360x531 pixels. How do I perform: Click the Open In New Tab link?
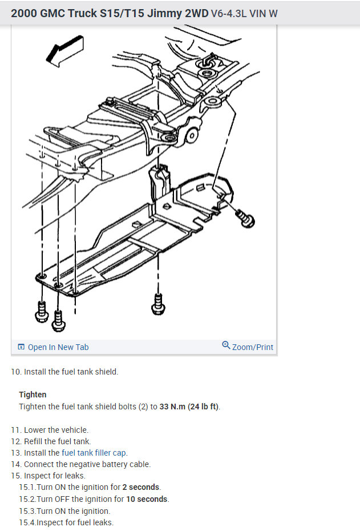(58, 347)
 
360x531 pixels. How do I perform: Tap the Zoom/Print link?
(252, 347)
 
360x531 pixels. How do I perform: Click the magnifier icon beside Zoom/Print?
(226, 345)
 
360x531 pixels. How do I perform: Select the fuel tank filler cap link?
(94, 453)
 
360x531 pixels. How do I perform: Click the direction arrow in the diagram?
(64, 51)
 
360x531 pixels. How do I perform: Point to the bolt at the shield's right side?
(245, 218)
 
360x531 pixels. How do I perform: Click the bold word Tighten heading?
(33, 395)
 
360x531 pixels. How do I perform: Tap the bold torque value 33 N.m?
(172, 407)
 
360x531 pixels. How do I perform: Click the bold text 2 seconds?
(141, 487)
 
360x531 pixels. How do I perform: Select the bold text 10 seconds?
(147, 499)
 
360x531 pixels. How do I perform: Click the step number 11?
(15, 430)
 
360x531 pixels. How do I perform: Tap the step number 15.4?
(27, 522)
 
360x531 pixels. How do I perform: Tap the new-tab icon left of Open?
(21, 347)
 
